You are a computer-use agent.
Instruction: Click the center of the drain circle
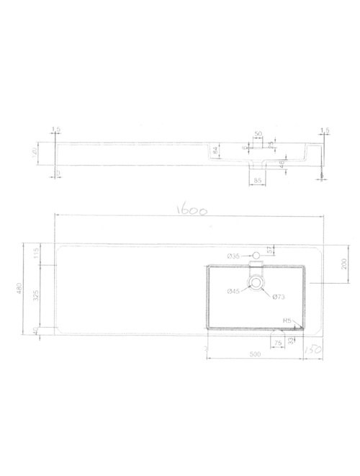pyautogui.click(x=256, y=283)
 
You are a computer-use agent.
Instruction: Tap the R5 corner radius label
pyautogui.click(x=287, y=321)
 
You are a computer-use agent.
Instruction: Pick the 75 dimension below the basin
pyautogui.click(x=276, y=343)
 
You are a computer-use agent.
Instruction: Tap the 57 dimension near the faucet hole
pyautogui.click(x=270, y=250)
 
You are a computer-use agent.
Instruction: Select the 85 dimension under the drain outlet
pyautogui.click(x=257, y=181)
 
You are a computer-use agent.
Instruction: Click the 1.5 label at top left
pyautogui.click(x=55, y=130)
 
